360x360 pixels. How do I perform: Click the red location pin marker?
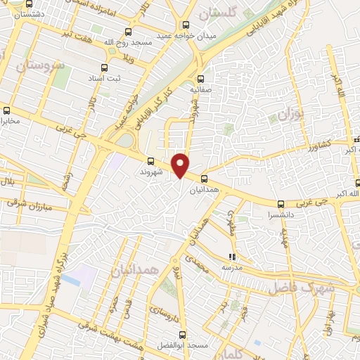[181, 165]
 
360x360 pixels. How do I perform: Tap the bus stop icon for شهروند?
[151, 160]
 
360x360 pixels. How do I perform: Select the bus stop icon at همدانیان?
[204, 179]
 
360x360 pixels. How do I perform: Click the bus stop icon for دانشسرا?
[281, 204]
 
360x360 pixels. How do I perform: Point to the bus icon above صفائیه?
[202, 79]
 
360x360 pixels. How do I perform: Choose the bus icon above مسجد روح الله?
[127, 32]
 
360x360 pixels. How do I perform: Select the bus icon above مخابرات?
[7, 110]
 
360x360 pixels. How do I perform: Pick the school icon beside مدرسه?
[233, 257]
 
